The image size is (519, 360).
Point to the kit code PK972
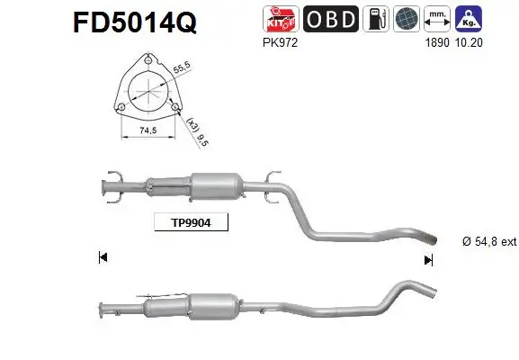(274, 41)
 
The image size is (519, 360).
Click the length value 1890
(436, 41)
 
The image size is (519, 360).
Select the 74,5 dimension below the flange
(147, 133)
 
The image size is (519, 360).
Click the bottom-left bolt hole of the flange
(120, 108)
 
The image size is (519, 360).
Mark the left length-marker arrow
(103, 258)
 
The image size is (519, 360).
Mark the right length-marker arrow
(429, 259)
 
